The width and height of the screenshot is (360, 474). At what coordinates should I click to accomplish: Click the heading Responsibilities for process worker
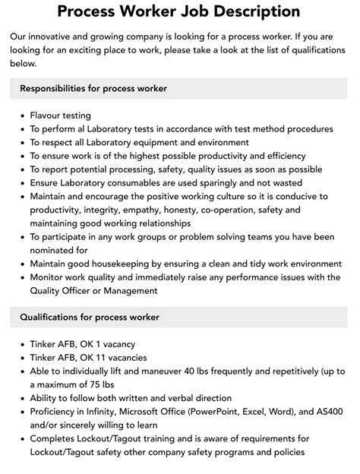93,88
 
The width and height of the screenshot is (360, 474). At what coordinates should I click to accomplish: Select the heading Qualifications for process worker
90,317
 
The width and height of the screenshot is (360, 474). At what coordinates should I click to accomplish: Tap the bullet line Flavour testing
61,115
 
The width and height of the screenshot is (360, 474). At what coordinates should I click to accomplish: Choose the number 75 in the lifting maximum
107,384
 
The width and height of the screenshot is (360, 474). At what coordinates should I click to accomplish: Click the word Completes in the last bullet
56,438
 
